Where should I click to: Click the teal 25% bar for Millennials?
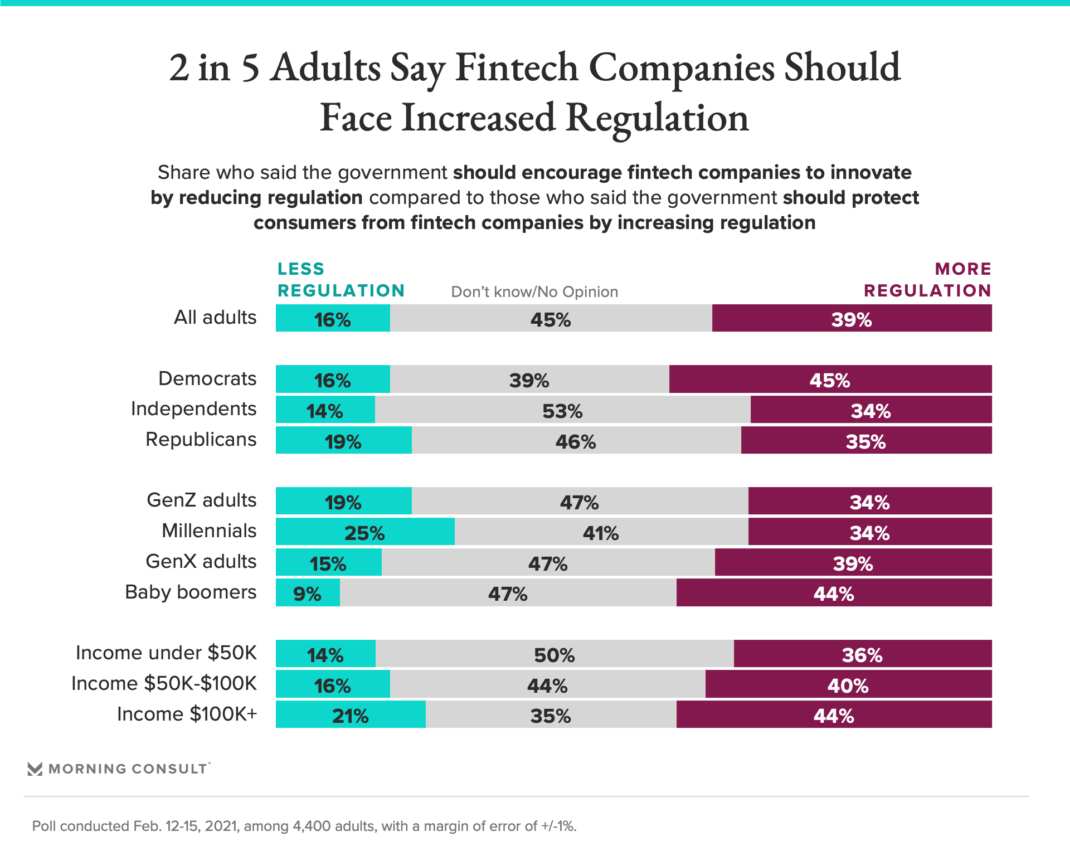365,532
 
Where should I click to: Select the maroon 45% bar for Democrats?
830,380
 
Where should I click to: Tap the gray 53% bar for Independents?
563,410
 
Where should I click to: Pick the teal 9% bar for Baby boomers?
308,593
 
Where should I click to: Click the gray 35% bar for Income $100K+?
551,715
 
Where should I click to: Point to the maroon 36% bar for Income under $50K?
862,654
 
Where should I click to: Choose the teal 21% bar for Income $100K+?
351,715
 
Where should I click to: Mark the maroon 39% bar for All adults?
852,319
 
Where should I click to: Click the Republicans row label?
201,440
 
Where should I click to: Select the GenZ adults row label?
202,500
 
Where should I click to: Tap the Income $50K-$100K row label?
164,684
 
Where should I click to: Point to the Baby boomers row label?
191,592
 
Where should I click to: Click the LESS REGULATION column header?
341,280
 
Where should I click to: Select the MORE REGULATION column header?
927,280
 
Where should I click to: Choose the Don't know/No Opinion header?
534,292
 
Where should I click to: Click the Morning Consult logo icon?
35,769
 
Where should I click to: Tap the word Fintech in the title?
517,68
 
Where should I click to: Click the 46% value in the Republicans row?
576,441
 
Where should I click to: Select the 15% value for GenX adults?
328,563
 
